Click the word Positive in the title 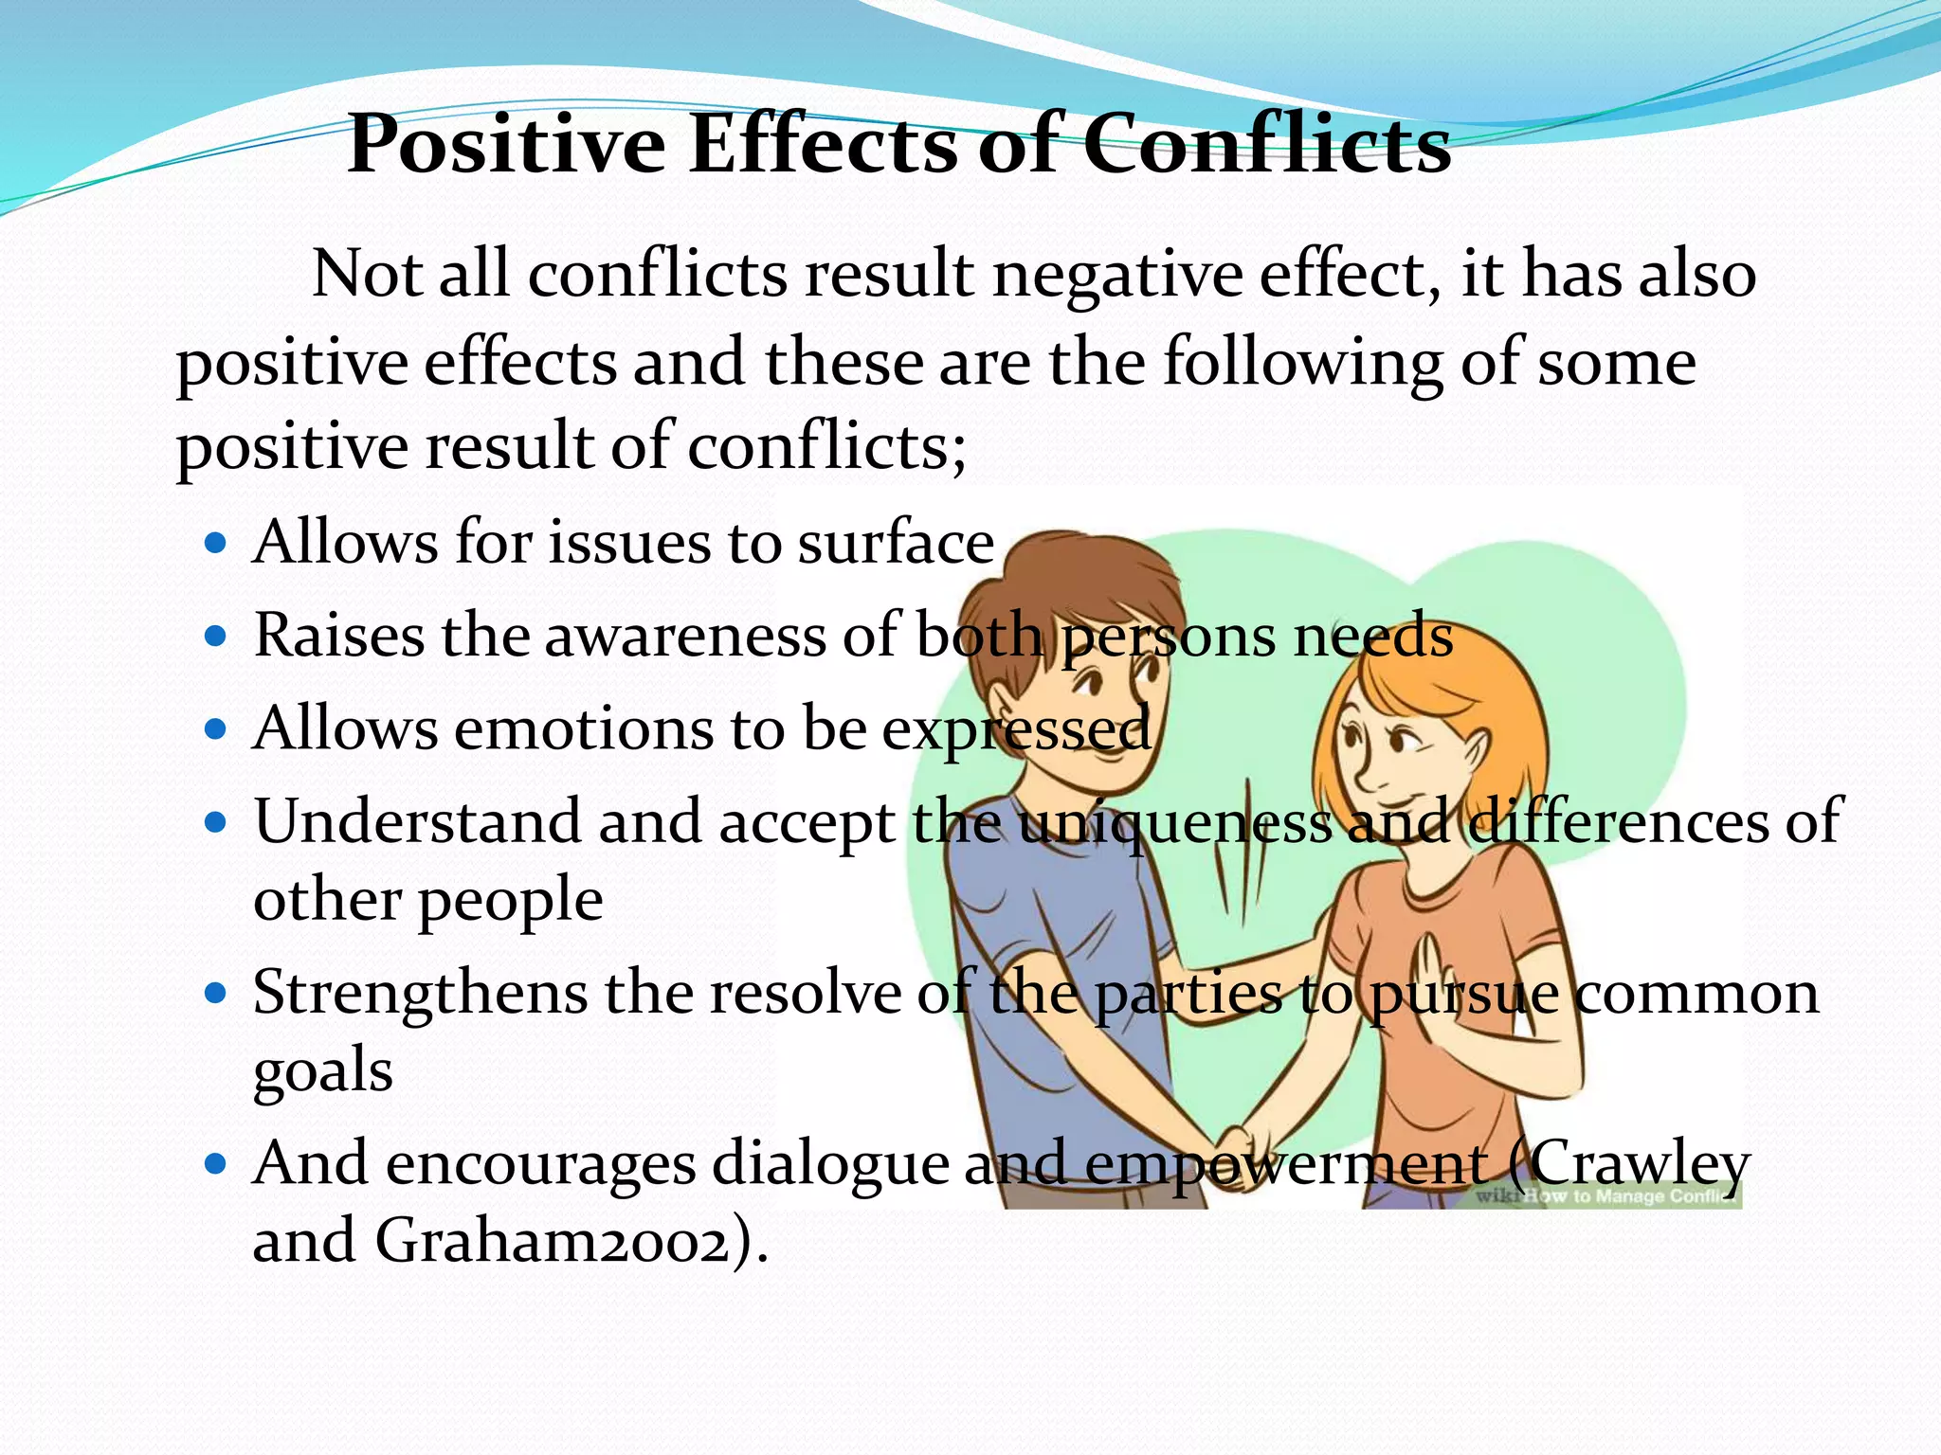coord(507,145)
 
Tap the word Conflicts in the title coord(1266,145)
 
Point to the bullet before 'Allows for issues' coord(216,543)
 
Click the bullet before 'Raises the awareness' coord(216,635)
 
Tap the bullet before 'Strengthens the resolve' coord(216,993)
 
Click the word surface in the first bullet coord(896,543)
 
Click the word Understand coord(417,820)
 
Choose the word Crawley coord(1640,1164)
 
